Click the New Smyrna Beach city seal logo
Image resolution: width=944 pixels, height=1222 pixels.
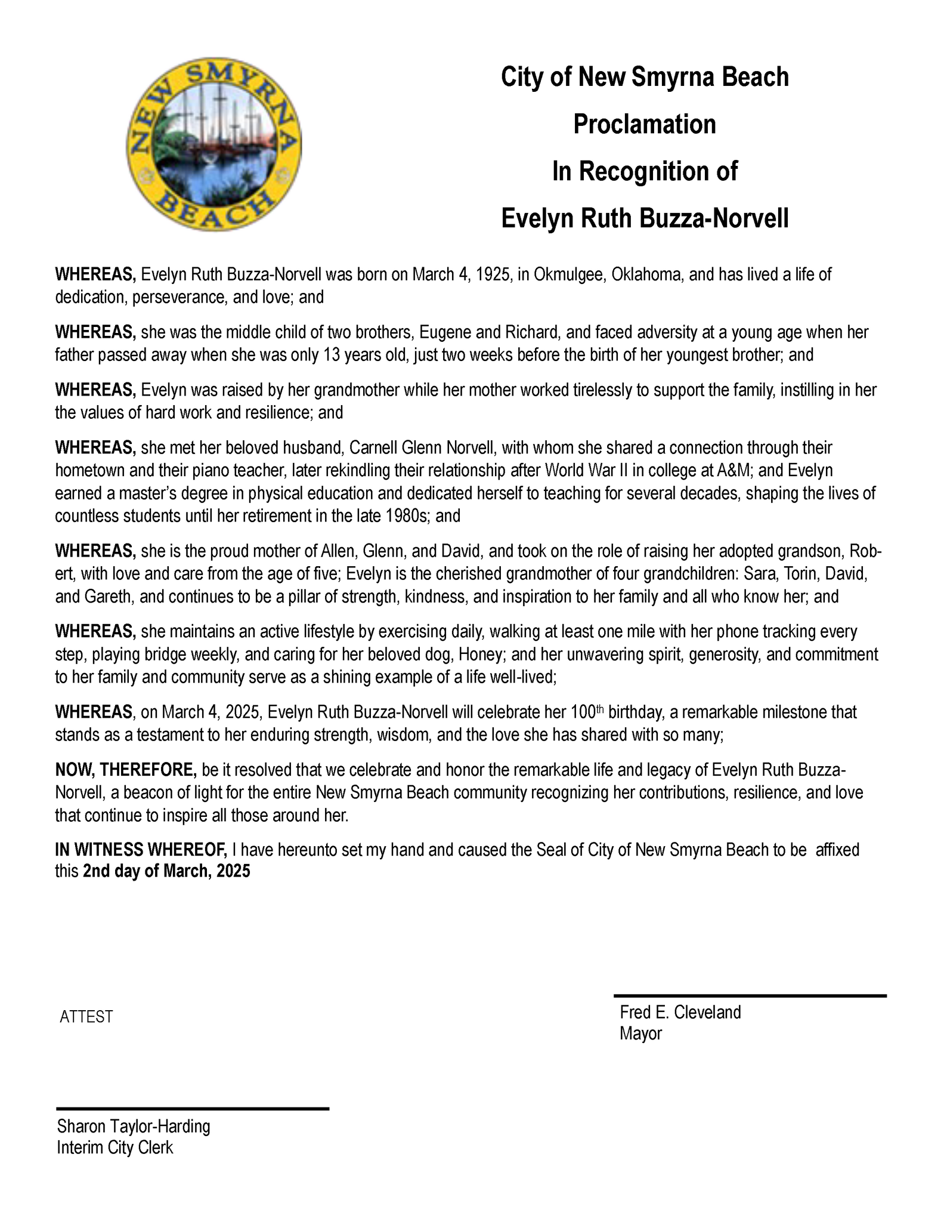[x=213, y=145]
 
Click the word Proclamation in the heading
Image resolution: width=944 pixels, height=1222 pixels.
[x=644, y=125]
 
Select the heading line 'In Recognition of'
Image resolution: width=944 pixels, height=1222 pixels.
[x=644, y=172]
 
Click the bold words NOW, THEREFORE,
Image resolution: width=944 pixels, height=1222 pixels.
[x=126, y=770]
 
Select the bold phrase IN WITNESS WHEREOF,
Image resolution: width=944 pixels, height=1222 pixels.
[x=141, y=850]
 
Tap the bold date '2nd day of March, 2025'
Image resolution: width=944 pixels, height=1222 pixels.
[x=166, y=871]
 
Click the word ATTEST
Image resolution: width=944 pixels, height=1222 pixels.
[x=86, y=1017]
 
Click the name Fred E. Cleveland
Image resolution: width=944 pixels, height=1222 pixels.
[x=680, y=1013]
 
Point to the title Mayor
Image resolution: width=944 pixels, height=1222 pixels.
[x=640, y=1033]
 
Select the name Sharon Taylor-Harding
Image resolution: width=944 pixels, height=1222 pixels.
[x=134, y=1127]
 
